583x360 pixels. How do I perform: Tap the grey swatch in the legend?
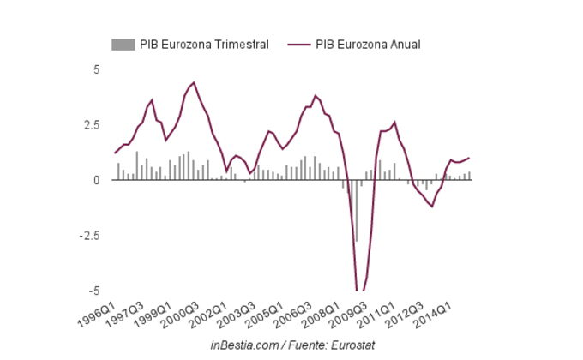pos(123,45)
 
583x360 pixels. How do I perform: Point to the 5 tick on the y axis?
pos(97,69)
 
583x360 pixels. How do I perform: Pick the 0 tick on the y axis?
pos(97,180)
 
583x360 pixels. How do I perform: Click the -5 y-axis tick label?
pos(95,291)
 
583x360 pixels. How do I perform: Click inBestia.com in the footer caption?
pos(243,345)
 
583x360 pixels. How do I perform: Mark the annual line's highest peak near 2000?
pos(195,82)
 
